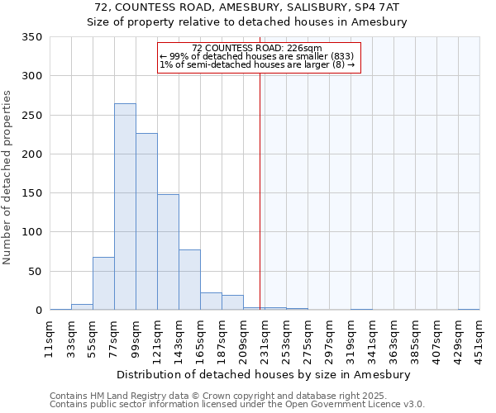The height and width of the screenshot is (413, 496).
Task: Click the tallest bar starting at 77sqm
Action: pos(125,206)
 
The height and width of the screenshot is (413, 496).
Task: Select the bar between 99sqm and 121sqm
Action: pos(146,221)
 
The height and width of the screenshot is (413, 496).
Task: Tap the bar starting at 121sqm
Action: pos(168,252)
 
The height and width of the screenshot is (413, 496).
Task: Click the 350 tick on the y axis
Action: pos(32,37)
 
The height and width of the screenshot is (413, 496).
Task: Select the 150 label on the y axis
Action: pos(32,193)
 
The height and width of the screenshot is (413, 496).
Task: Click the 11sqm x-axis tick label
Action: pos(50,337)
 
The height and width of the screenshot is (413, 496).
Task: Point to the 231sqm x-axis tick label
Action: pos(265,337)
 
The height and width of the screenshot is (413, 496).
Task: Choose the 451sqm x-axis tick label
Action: pos(479,337)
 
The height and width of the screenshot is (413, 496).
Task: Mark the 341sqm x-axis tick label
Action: pos(372,337)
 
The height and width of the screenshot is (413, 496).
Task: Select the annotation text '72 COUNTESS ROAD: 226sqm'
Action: pos(256,49)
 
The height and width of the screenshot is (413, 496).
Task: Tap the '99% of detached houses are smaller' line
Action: pos(256,57)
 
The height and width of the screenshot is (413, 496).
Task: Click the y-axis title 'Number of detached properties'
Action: pos(7,178)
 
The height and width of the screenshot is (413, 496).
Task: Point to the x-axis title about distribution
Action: pos(265,374)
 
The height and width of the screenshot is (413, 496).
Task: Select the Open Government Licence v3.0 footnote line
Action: pos(237,405)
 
